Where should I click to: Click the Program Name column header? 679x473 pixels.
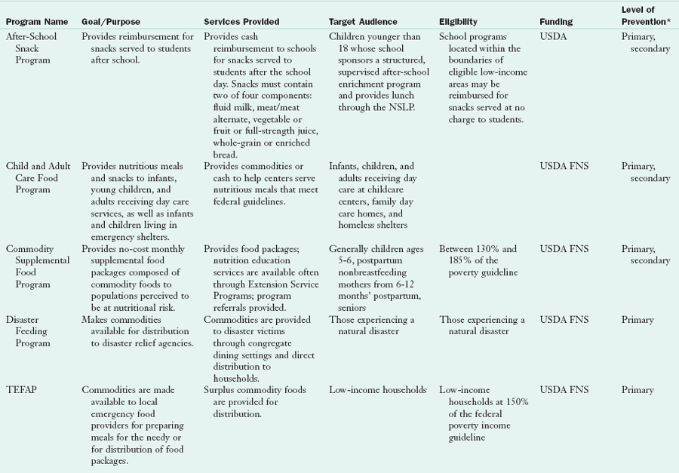coord(38,22)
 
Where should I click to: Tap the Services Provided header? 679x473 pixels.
coord(241,22)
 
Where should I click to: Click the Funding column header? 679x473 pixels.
coord(556,22)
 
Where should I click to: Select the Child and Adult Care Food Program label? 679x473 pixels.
coord(40,178)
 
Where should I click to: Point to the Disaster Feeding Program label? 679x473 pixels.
coord(29,331)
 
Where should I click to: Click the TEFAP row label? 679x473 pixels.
coord(20,390)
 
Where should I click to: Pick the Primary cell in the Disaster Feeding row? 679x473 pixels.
coord(638,320)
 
